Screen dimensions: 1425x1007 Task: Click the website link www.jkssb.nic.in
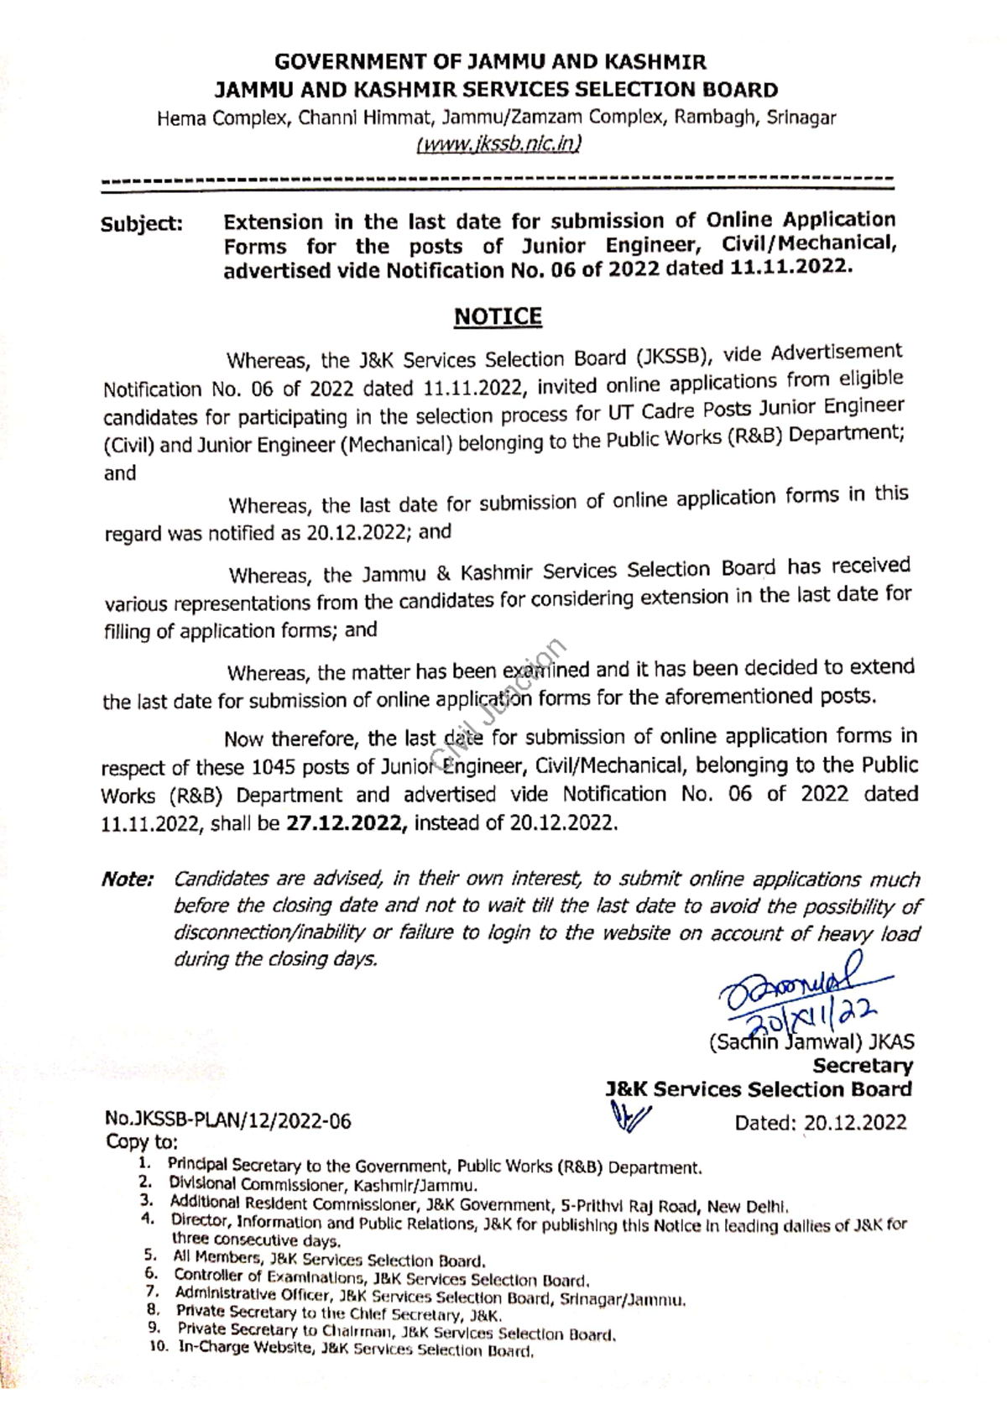[x=498, y=144]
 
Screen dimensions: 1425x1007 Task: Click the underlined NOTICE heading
[x=498, y=316]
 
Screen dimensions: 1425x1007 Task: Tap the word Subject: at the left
[x=142, y=224]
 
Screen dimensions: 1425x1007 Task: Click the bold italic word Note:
[x=128, y=880]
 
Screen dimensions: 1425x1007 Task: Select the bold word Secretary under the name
[x=863, y=1066]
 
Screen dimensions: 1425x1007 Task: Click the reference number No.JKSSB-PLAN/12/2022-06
[x=227, y=1120]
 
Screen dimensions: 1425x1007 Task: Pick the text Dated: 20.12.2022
[x=821, y=1123]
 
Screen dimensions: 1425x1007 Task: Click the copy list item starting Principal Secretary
[x=434, y=1167]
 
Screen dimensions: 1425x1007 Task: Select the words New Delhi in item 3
[x=746, y=1207]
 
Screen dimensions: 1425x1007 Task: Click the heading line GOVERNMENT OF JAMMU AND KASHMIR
[x=491, y=61]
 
